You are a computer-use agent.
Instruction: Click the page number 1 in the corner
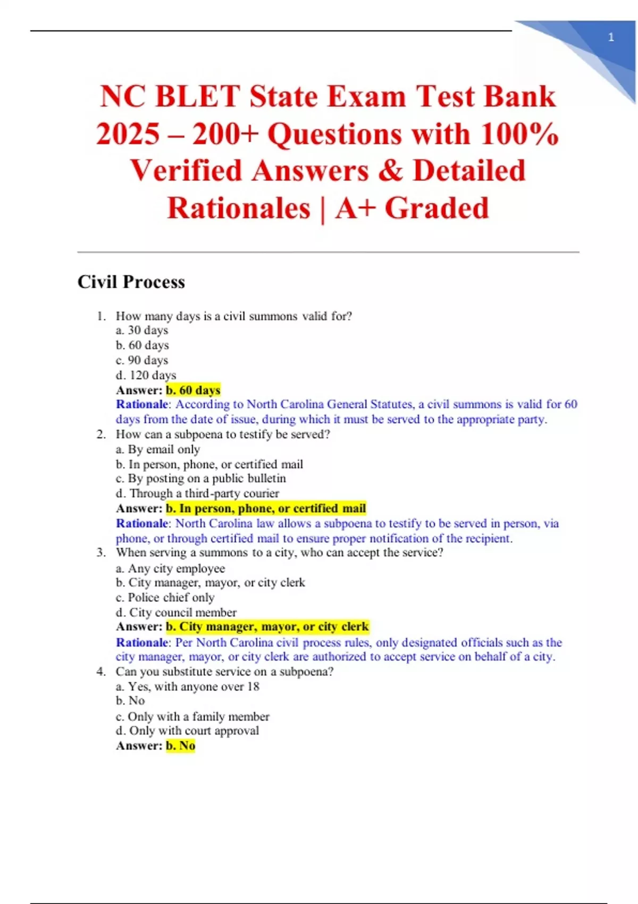611,37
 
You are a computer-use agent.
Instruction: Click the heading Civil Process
131,282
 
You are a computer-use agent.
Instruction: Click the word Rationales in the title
239,208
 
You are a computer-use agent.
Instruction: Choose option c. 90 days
142,360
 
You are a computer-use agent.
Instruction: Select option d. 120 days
146,375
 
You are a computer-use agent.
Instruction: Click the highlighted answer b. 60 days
193,390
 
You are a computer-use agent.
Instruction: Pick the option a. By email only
158,449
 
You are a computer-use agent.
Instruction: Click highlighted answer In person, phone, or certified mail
266,508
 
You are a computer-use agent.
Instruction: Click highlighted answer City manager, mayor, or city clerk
267,626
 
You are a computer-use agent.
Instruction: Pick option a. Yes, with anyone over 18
188,687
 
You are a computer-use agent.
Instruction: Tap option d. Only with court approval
187,731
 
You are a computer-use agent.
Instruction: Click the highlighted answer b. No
180,746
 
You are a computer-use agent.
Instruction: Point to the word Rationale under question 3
141,642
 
